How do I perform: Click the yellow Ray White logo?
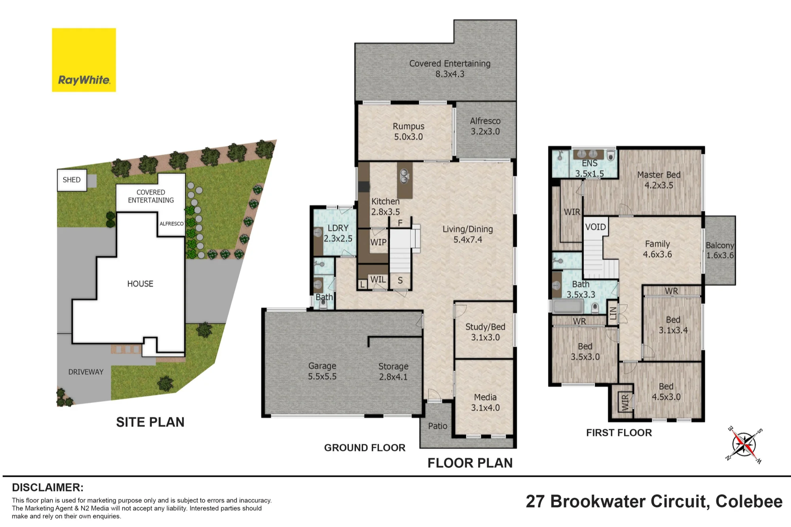[84, 60]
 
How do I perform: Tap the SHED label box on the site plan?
[72, 180]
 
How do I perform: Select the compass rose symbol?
[744, 444]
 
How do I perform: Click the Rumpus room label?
[409, 126]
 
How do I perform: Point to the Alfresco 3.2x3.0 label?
[485, 126]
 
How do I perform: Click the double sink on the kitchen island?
[404, 176]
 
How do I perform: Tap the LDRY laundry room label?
[338, 228]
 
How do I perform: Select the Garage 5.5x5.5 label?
[322, 371]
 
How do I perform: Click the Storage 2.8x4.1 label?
[394, 372]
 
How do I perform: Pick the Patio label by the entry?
[437, 426]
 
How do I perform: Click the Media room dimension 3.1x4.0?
[485, 408]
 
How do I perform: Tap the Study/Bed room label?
[485, 327]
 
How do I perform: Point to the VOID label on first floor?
[595, 227]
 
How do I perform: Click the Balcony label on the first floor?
[720, 245]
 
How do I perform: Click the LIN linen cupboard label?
[613, 313]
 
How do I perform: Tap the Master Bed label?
[659, 175]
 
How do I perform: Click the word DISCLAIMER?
[47, 487]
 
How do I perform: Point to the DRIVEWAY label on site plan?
[86, 372]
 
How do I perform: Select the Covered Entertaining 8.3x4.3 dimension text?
[450, 74]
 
